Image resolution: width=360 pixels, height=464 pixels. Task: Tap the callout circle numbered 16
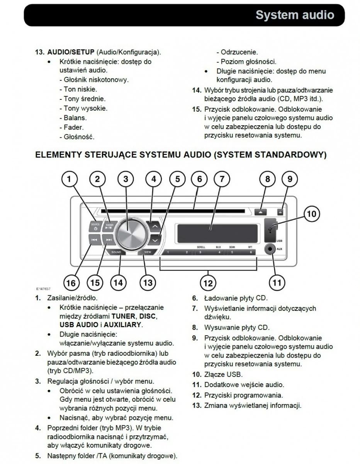coord(71,283)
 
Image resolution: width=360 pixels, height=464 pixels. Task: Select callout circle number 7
coord(222,179)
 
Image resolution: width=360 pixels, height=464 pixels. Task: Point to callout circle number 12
coord(208,283)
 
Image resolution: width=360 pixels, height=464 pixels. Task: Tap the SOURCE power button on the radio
coord(95,226)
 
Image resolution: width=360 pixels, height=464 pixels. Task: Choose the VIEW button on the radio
coord(147,252)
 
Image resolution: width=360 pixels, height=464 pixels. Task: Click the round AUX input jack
coord(270,249)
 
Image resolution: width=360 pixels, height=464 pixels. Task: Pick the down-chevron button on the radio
coord(155,240)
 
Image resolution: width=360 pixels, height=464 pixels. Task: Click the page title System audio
coord(295,15)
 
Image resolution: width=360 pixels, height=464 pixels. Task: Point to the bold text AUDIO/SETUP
coord(70,52)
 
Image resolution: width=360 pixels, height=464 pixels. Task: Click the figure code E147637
coord(43,289)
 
